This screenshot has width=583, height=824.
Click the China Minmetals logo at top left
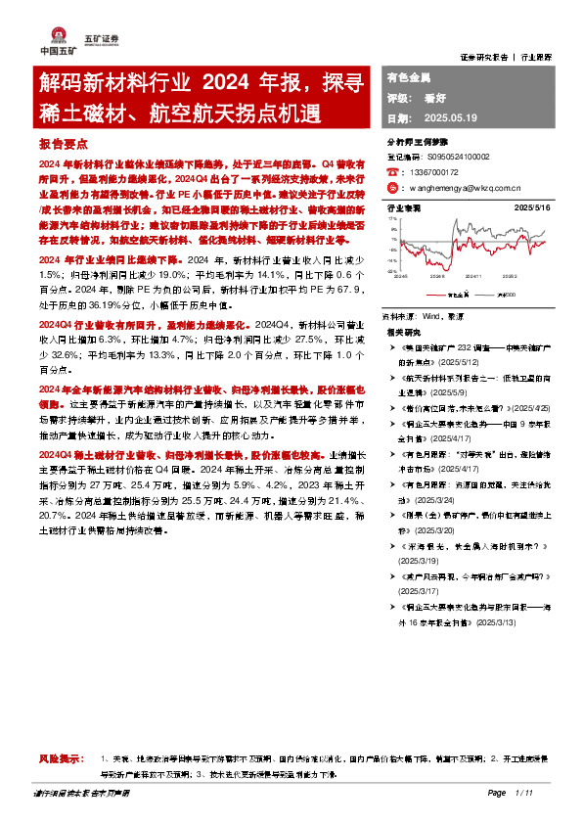click(50, 41)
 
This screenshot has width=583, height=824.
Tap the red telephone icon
click(392, 171)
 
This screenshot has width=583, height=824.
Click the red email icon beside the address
click(392, 186)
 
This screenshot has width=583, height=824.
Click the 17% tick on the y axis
click(393, 219)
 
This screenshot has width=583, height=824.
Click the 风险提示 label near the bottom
click(55, 759)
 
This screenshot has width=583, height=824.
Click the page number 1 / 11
click(529, 793)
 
